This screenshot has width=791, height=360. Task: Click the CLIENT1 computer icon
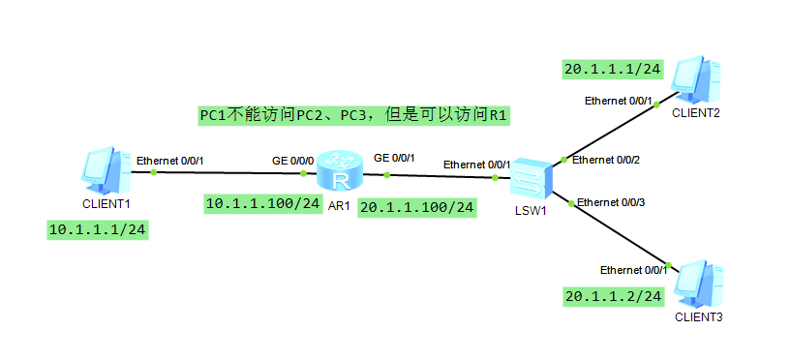tap(106, 170)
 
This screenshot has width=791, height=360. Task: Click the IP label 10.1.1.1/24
tap(97, 229)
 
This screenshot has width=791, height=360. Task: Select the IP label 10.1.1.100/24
tap(263, 203)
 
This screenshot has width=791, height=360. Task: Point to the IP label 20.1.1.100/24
tap(417, 207)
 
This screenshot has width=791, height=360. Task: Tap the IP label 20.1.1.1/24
tap(613, 69)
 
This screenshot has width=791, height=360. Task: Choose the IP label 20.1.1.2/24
tap(613, 295)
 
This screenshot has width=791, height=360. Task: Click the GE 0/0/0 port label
tap(292, 159)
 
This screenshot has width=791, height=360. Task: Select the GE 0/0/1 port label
tap(394, 158)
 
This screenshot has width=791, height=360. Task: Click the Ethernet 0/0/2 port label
tap(606, 160)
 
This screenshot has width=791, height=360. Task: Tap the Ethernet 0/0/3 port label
tap(611, 201)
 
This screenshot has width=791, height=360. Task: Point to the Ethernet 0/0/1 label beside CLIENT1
tap(170, 160)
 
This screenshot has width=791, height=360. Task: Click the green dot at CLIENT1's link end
tap(153, 172)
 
